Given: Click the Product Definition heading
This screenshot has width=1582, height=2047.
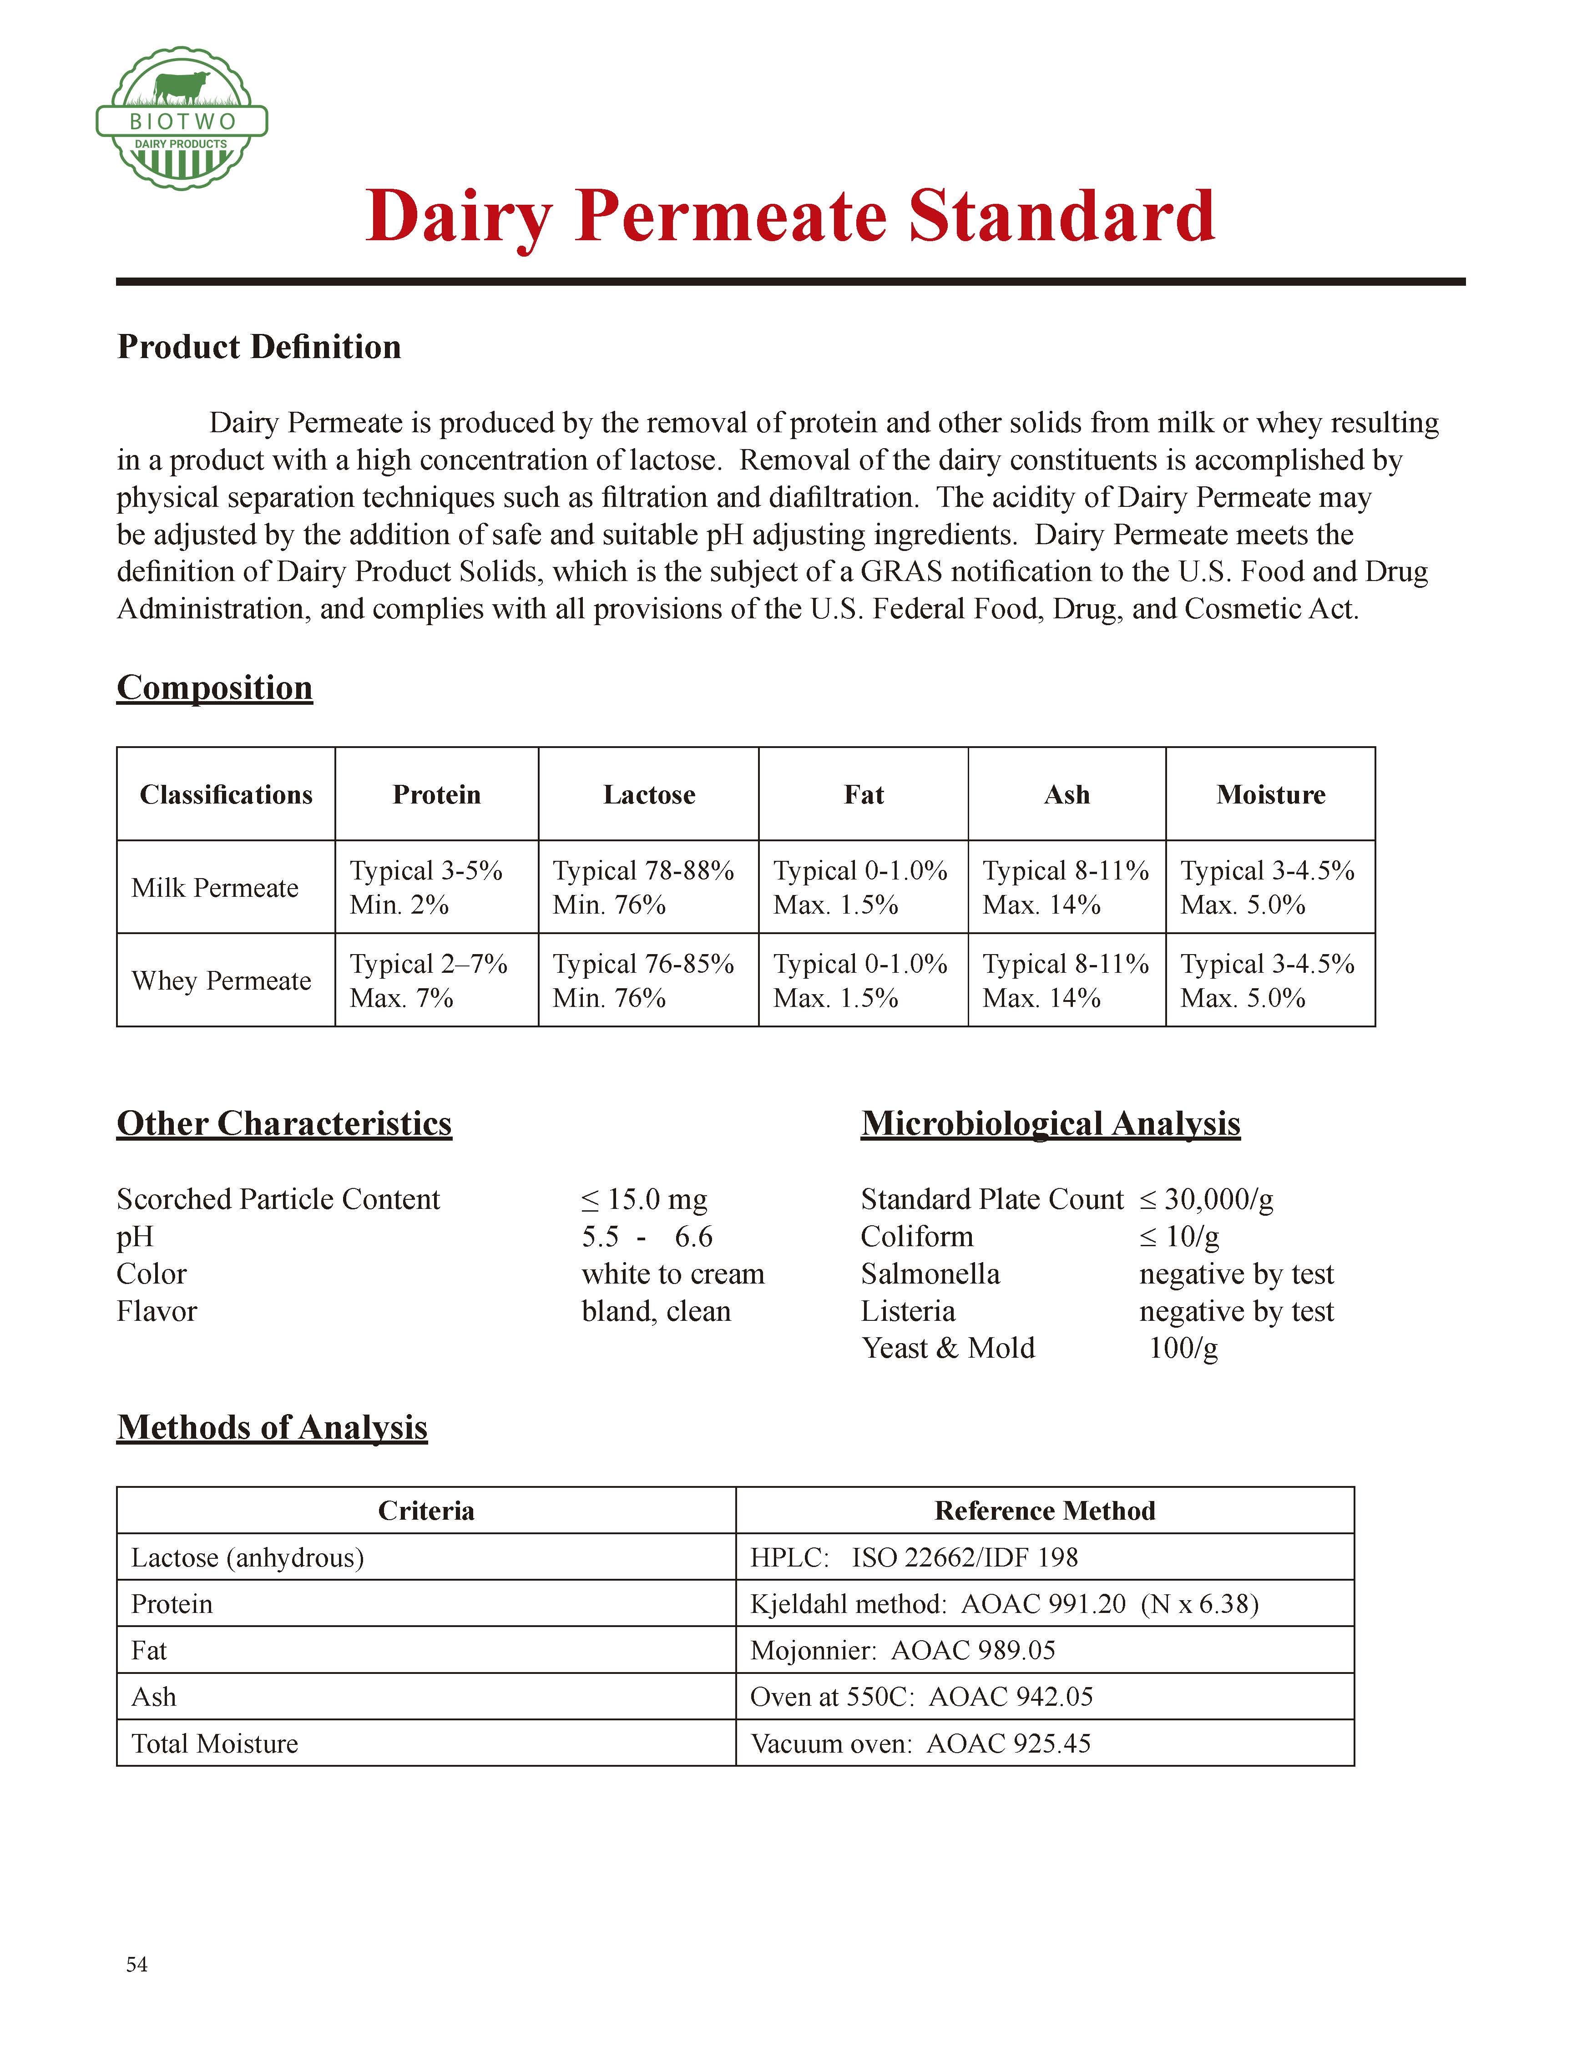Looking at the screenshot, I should click(x=259, y=347).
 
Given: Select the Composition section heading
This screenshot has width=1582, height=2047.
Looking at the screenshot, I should click(x=215, y=687).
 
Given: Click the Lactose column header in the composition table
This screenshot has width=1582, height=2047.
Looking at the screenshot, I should click(x=648, y=795).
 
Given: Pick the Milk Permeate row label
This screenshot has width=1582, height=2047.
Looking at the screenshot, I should click(x=215, y=888).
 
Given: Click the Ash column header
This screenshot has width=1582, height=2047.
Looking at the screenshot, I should click(x=1066, y=795).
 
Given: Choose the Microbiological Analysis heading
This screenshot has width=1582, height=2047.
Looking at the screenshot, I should click(x=1050, y=1123).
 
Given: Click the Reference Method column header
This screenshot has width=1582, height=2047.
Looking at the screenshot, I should click(x=1044, y=1511).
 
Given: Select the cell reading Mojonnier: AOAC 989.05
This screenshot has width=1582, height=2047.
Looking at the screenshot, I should click(x=903, y=1651).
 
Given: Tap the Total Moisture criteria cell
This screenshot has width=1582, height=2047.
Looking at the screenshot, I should click(x=215, y=1744).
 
